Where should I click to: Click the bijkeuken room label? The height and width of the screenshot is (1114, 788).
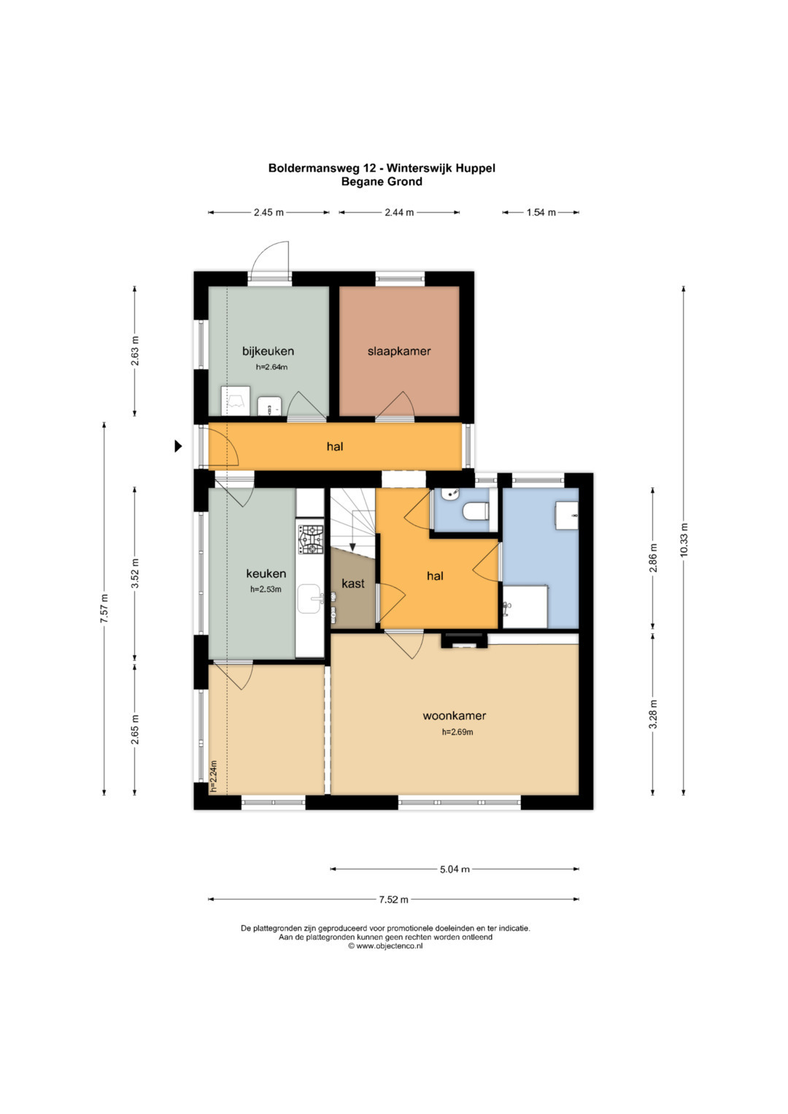click(x=268, y=351)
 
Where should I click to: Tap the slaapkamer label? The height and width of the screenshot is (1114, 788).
click(x=399, y=351)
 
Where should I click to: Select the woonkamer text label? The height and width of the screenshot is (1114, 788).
click(x=454, y=716)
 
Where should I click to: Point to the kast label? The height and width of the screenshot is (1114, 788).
click(x=352, y=584)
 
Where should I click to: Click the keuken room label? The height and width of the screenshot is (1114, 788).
click(x=266, y=573)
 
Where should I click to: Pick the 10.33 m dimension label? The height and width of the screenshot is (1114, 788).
click(x=684, y=540)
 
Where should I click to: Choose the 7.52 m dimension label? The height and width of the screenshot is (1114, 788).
click(x=393, y=900)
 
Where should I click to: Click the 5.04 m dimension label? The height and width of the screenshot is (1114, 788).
click(x=455, y=870)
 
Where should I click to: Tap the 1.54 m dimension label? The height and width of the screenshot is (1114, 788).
click(x=541, y=212)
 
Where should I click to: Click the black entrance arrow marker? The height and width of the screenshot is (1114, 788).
click(x=178, y=446)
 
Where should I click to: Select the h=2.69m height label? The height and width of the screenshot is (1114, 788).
click(x=457, y=732)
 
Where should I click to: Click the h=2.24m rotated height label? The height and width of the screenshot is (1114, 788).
click(x=213, y=775)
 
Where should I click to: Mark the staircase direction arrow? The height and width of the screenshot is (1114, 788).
click(x=352, y=530)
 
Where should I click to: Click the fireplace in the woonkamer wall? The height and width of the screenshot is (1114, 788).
click(x=463, y=641)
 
